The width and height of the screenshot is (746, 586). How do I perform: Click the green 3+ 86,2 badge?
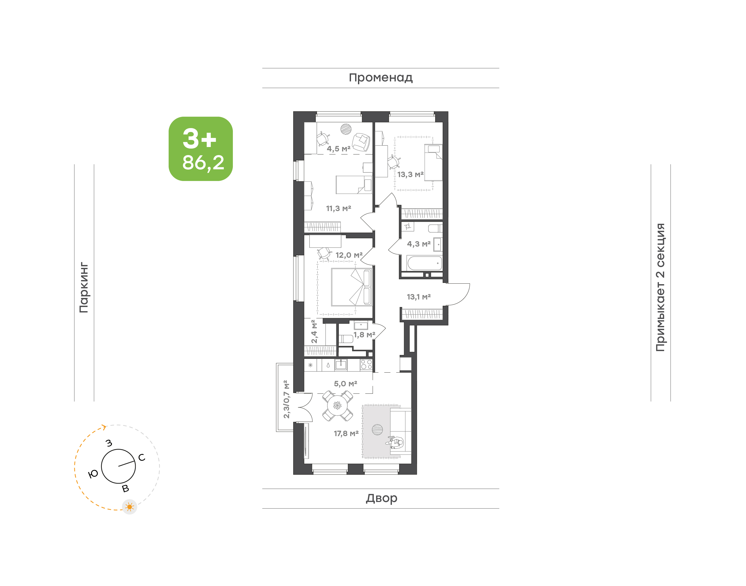(200, 149)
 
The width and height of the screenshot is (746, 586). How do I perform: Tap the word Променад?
(381, 78)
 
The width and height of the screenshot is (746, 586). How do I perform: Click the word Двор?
(381, 498)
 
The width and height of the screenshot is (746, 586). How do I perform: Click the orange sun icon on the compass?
(130, 507)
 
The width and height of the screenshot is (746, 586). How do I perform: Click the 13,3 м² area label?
(410, 175)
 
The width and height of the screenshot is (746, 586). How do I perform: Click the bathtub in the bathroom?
(425, 263)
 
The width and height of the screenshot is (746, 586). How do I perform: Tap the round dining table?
(338, 406)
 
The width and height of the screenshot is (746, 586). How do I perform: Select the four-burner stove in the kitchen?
(366, 365)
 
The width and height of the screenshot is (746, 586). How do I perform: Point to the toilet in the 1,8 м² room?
(346, 339)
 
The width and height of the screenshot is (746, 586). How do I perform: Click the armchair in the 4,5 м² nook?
(361, 142)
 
